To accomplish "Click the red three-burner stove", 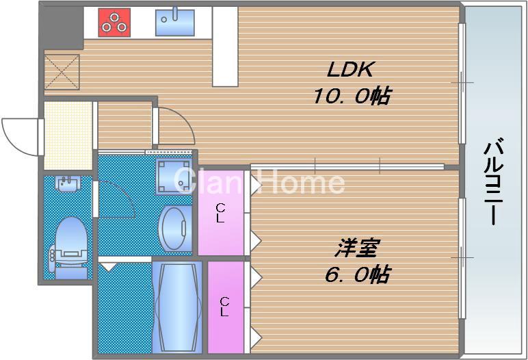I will coord(114,22).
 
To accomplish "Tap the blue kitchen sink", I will coord(174,23).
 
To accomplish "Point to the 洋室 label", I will coord(357,247).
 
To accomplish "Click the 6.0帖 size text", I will coord(356,274).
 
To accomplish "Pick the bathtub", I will coord(176,307).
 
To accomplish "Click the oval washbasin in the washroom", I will coord(176,228).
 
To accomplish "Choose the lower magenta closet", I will coord(225,306).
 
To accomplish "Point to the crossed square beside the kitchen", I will coord(62,71).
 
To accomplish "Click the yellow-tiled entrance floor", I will coord(68,136).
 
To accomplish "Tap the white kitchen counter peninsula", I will coord(224,47).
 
